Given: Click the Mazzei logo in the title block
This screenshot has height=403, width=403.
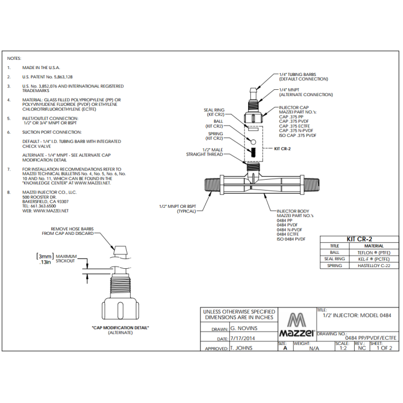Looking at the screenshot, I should point(296,326).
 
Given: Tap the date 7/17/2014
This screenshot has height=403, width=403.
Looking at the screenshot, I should point(244,339).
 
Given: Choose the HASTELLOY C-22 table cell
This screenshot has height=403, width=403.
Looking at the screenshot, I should point(370,265).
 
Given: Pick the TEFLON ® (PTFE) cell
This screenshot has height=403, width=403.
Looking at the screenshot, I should point(370,252).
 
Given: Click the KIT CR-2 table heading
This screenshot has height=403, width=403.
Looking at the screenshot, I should point(358,239).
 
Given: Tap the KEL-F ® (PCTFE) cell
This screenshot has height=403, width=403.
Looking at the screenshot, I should point(370,259).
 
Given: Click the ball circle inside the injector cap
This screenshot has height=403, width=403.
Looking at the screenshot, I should point(252,142).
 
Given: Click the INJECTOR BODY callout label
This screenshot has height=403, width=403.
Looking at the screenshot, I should point(294,211).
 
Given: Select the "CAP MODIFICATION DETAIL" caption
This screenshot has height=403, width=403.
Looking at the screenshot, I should point(120,328).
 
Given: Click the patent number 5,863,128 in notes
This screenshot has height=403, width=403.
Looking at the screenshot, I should point(60,76).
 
